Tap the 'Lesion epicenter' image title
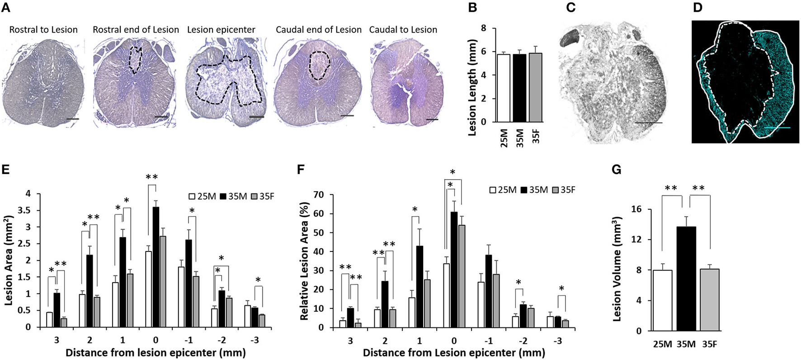(x=221, y=30)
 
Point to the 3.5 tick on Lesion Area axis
(x=30, y=210)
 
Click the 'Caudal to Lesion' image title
(x=403, y=30)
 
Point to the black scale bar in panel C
(x=649, y=123)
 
